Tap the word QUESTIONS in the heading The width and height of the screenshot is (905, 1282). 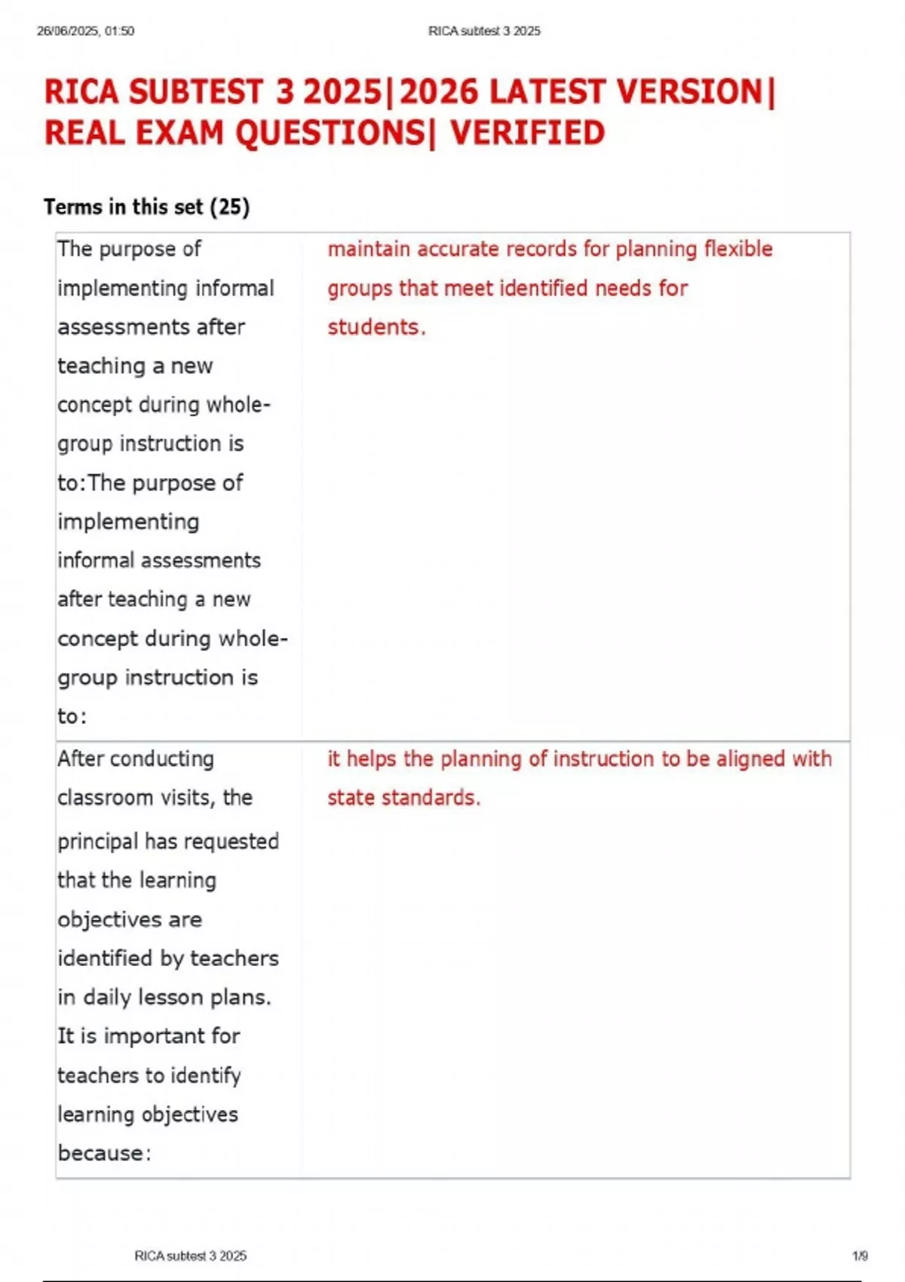330,133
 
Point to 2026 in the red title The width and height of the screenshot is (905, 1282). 439,93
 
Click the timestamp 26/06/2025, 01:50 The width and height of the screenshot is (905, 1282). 85,31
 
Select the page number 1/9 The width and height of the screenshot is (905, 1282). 860,1256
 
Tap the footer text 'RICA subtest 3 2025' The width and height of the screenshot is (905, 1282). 190,1256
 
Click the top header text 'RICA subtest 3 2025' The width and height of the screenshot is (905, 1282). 484,31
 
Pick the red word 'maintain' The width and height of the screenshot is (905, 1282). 369,249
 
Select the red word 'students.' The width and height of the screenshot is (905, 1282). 376,327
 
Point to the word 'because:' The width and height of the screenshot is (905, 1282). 104,1153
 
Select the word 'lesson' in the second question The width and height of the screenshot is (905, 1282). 170,997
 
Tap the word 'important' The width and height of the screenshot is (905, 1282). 154,1036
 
